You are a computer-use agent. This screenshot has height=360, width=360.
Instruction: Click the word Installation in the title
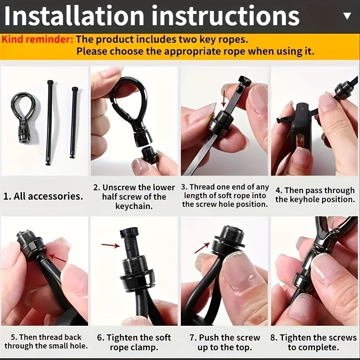[74, 16]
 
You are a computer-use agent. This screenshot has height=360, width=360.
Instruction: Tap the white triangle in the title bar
[347, 15]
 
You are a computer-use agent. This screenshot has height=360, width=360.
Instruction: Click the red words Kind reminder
[37, 40]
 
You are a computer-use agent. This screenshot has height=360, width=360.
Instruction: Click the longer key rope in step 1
[49, 122]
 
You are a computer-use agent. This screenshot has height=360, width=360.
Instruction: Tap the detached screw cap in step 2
[149, 155]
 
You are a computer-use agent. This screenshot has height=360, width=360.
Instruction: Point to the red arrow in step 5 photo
[58, 258]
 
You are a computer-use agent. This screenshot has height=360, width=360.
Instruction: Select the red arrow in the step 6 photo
[111, 245]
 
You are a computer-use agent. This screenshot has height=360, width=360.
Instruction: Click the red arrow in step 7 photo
[202, 248]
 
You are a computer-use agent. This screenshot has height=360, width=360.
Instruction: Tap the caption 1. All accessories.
[43, 196]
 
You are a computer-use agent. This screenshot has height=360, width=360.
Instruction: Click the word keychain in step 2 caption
[134, 206]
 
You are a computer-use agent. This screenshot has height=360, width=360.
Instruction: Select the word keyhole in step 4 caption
[305, 199]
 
